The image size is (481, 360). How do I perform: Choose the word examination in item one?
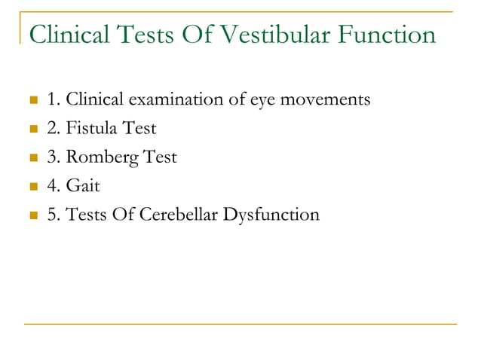click(x=182, y=99)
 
